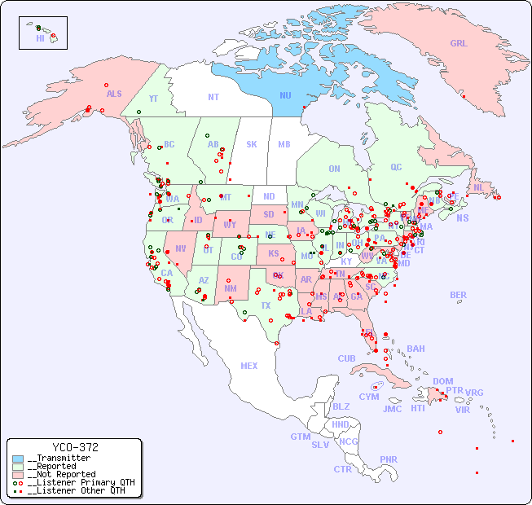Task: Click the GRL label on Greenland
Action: pyautogui.click(x=459, y=43)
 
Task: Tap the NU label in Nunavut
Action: pyautogui.click(x=285, y=95)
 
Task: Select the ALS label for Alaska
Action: pyautogui.click(x=114, y=94)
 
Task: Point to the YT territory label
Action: pyautogui.click(x=153, y=98)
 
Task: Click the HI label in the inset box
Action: pyautogui.click(x=40, y=38)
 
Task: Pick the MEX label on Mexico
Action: pyautogui.click(x=249, y=366)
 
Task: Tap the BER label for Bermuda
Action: pyautogui.click(x=458, y=295)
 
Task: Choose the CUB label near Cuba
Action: pyautogui.click(x=347, y=358)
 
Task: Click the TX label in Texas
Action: pyautogui.click(x=265, y=305)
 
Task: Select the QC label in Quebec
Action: pyautogui.click(x=396, y=167)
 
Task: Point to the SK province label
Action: pyautogui.click(x=252, y=144)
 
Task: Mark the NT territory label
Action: pyautogui.click(x=213, y=96)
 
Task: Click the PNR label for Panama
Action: pyautogui.click(x=389, y=459)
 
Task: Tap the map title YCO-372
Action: pyautogui.click(x=75, y=447)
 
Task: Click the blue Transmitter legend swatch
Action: pyautogui.click(x=19, y=459)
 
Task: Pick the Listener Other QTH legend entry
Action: pyautogui.click(x=73, y=490)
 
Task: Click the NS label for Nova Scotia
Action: pyautogui.click(x=462, y=217)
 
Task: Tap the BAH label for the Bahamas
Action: pyautogui.click(x=415, y=349)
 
